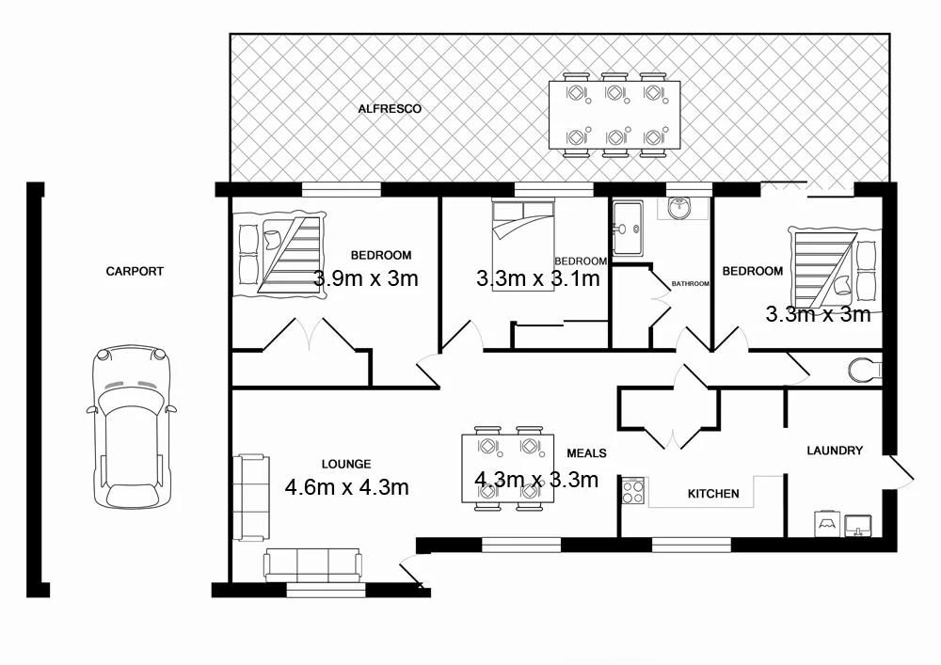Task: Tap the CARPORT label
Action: (x=135, y=271)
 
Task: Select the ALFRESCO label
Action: (x=390, y=109)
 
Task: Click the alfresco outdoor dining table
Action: (x=614, y=115)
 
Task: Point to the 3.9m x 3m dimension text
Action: (x=366, y=278)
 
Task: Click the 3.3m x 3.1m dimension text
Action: (x=538, y=278)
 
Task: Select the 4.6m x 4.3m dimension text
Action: (x=346, y=486)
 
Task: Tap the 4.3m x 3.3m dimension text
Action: (x=536, y=480)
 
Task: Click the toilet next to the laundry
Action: (x=864, y=370)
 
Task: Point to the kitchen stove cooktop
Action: (x=632, y=491)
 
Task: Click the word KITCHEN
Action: (x=713, y=494)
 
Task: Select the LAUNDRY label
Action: (x=835, y=451)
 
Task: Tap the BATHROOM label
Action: (x=690, y=283)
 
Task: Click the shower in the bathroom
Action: (x=628, y=228)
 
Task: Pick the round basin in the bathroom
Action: (x=679, y=208)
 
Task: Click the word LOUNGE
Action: (x=346, y=464)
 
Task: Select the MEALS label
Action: (x=586, y=452)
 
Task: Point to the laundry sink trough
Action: (x=859, y=522)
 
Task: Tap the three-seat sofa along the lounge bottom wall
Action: (x=312, y=563)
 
